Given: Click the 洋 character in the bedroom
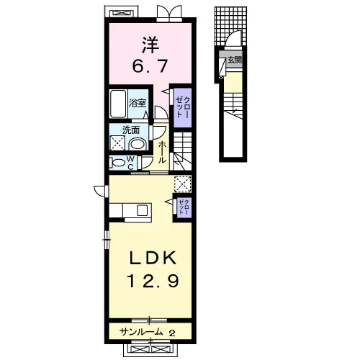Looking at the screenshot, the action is (x=150, y=45).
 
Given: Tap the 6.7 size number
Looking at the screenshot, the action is (x=150, y=66).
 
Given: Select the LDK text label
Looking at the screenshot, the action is (x=153, y=258).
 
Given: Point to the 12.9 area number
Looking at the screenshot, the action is (x=153, y=281).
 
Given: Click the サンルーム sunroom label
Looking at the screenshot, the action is (x=141, y=332).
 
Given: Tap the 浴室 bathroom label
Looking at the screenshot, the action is (x=138, y=103).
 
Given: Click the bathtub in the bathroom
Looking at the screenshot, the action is (x=118, y=104).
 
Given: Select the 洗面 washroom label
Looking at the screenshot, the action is (x=131, y=130).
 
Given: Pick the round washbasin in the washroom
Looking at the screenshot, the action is (x=138, y=144).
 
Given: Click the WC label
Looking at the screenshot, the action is (x=130, y=163).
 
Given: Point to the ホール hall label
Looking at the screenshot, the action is (x=162, y=153).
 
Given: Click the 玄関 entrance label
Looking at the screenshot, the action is (x=234, y=60).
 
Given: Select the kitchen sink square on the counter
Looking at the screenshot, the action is (x=142, y=210).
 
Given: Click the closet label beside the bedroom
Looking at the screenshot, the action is (x=183, y=107).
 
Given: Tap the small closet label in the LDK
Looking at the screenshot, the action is (x=184, y=207).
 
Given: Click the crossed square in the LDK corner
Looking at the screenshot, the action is (x=183, y=184).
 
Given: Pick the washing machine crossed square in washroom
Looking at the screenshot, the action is (x=117, y=143).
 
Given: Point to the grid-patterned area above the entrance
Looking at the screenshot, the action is (x=230, y=26).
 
